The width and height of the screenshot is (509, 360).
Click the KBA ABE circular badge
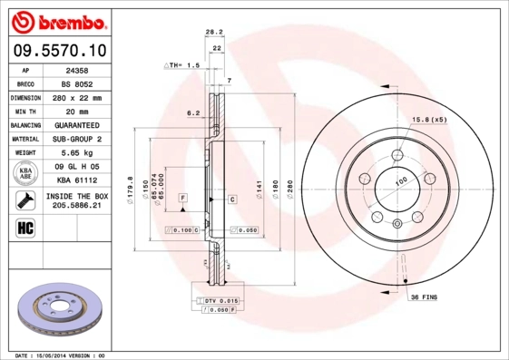(26, 174)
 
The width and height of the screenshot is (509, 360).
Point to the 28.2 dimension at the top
(214, 33)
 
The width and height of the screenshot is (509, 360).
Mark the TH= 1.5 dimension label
(181, 66)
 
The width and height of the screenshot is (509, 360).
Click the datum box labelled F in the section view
(182, 198)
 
